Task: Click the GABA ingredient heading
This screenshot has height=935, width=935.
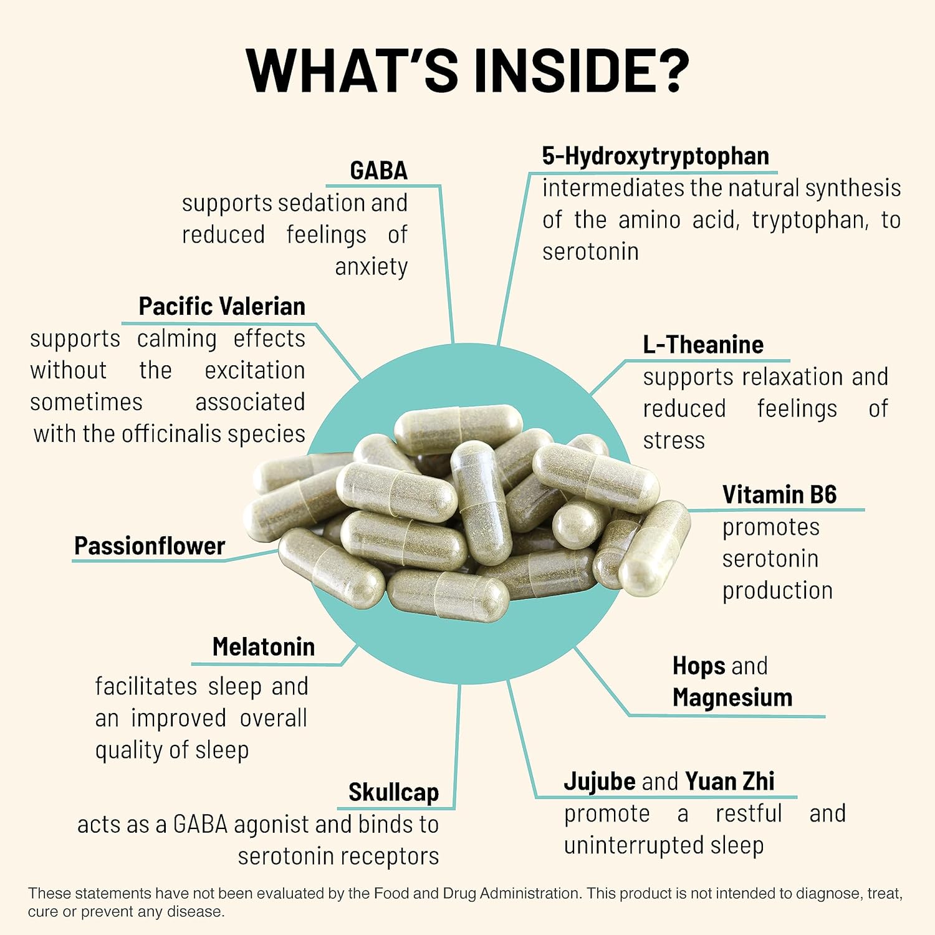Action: tap(378, 170)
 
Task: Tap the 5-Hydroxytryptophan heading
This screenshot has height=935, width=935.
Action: tap(655, 156)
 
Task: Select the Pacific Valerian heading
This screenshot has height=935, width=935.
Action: tap(222, 306)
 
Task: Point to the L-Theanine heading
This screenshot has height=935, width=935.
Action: tap(703, 344)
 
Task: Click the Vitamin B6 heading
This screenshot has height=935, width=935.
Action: tap(779, 494)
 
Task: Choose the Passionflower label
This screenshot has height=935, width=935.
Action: tap(149, 545)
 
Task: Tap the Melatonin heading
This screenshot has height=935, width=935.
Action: tap(263, 646)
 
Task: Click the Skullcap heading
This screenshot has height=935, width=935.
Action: tap(393, 792)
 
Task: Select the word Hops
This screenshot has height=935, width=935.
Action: tap(699, 666)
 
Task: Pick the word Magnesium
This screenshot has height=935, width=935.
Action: tap(732, 698)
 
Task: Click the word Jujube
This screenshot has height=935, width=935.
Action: tap(600, 782)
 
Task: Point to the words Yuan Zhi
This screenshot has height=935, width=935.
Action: tap(729, 780)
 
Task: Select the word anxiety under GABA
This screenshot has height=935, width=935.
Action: tap(371, 267)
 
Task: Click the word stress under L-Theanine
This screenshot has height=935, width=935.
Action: tap(674, 441)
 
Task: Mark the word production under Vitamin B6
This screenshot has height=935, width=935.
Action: tap(777, 591)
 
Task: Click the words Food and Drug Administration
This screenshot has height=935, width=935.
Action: tap(476, 893)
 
